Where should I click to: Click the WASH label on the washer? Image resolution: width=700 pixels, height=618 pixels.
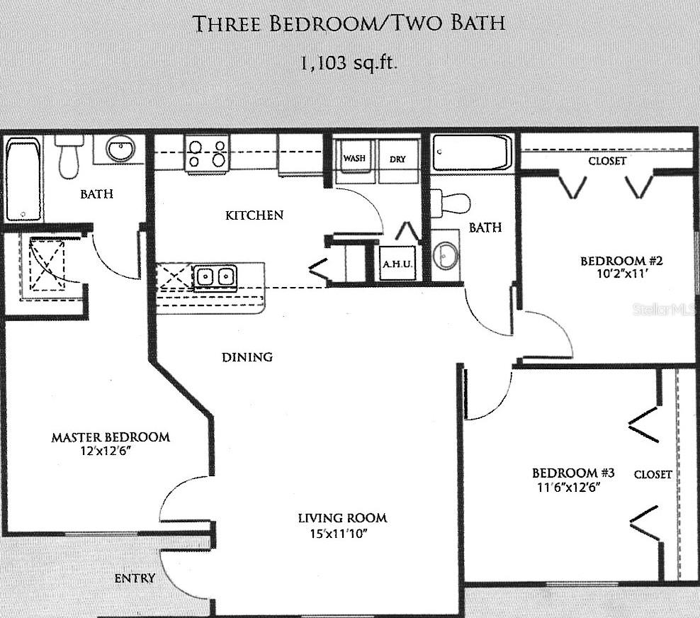click(x=354, y=159)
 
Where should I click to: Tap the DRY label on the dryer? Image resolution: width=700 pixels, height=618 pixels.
click(x=397, y=159)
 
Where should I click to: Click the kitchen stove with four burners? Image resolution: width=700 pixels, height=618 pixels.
click(x=207, y=154)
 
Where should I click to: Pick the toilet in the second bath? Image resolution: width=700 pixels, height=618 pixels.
click(x=451, y=202)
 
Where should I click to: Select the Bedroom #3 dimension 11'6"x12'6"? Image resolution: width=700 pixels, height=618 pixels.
click(x=567, y=488)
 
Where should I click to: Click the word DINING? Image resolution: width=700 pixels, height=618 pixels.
click(x=247, y=357)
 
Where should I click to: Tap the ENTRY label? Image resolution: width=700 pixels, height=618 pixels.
click(x=135, y=578)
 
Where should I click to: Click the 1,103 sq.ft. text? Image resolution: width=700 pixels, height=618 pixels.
click(x=349, y=62)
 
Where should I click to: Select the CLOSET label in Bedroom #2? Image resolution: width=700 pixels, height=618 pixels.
click(x=607, y=161)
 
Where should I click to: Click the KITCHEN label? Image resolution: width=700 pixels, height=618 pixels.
click(x=254, y=215)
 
